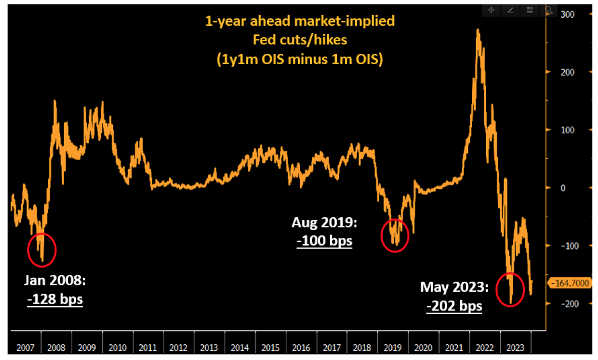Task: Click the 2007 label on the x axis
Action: pos(25,347)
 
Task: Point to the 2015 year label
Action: pos(270,347)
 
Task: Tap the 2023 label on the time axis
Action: pos(515,347)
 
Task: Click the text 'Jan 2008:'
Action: pos(54,281)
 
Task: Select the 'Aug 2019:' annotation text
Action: pos(324,222)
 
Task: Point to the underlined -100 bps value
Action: pos(325,241)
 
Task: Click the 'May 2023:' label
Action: pos(454,287)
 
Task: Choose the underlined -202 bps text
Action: pos(454,306)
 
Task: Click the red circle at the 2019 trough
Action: pos(395,235)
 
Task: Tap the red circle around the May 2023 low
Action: pos(510,289)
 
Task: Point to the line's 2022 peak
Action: pos(477,30)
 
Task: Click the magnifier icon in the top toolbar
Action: pos(549,10)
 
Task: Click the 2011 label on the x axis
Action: pos(148,347)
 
